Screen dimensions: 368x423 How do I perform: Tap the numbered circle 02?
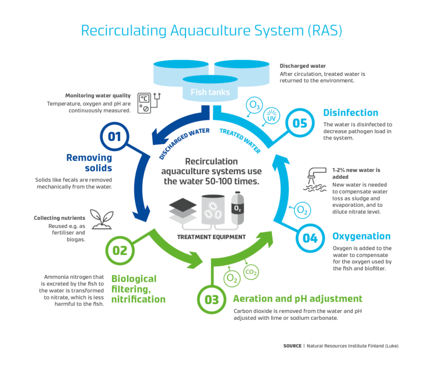click(120, 250)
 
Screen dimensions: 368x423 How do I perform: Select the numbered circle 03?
click(212, 300)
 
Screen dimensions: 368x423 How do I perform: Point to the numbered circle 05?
click(300, 124)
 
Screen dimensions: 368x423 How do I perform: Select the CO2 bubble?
click(251, 272)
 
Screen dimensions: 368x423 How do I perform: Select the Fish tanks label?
click(210, 93)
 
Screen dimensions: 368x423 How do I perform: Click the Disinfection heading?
click(351, 113)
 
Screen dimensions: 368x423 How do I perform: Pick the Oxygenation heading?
click(361, 236)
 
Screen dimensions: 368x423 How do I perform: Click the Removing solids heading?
click(89, 162)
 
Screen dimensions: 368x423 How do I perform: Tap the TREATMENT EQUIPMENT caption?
click(211, 237)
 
